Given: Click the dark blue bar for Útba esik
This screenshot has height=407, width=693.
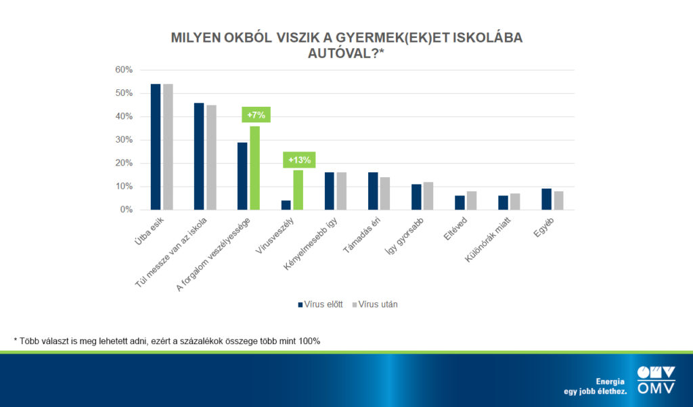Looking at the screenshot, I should pyautogui.click(x=156, y=147).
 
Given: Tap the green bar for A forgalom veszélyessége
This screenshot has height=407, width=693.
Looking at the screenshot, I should pyautogui.click(x=254, y=168).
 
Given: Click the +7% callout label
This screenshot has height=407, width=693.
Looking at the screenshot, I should pyautogui.click(x=256, y=115).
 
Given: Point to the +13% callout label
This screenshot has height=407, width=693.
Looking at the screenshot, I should pyautogui.click(x=298, y=160).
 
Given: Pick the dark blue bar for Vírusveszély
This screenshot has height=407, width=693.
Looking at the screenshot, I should pyautogui.click(x=286, y=205).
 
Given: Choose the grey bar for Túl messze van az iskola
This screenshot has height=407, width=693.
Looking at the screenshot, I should pyautogui.click(x=211, y=158).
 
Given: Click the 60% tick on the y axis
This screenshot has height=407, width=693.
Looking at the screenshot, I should pyautogui.click(x=123, y=70).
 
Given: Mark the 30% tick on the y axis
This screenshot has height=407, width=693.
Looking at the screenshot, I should pyautogui.click(x=123, y=140).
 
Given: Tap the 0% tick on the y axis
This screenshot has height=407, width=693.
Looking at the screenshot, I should pyautogui.click(x=126, y=210).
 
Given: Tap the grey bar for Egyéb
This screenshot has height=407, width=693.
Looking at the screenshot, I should pyautogui.click(x=559, y=201).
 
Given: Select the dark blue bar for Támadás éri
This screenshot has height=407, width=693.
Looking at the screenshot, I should pyautogui.click(x=373, y=191).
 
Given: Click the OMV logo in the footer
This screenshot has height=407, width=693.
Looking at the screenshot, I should pyautogui.click(x=656, y=380).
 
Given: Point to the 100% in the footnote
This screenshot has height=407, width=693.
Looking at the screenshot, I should pyautogui.click(x=308, y=341).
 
